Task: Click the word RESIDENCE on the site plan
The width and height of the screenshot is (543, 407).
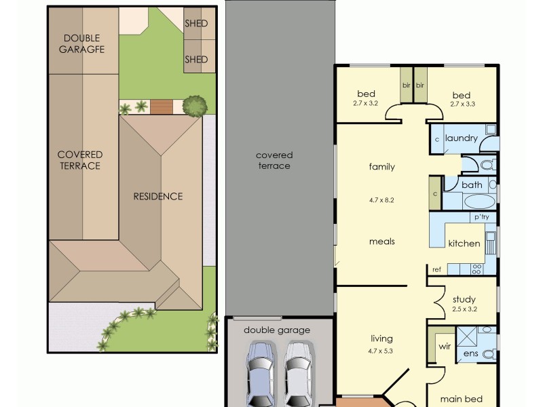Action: [157, 197]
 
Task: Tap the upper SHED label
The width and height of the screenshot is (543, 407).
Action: [196, 24]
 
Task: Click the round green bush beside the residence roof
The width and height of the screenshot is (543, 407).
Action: [195, 105]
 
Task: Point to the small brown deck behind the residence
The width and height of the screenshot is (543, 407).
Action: [161, 106]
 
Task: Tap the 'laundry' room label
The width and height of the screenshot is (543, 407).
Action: [462, 138]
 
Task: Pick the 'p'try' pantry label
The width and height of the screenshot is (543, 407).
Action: [481, 217]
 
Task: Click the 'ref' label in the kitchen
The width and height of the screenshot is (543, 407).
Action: [436, 269]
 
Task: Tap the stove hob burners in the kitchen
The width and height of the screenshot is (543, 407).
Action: [476, 268]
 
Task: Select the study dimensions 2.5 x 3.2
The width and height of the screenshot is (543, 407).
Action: [464, 309]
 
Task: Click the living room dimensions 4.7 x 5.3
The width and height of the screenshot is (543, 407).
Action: [381, 351]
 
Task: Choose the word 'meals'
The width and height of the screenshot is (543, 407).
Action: [381, 241]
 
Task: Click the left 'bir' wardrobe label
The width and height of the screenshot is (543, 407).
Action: [406, 85]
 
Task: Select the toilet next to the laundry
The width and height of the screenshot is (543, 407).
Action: [486, 164]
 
